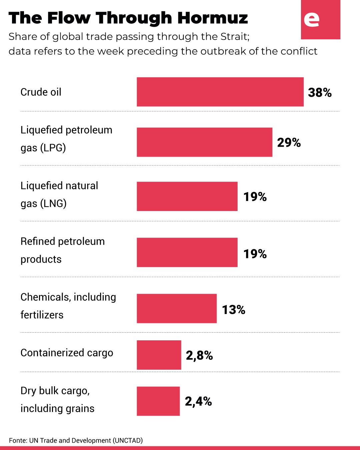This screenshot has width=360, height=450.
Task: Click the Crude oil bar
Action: coord(220,92)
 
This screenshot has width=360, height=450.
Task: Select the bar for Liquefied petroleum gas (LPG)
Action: coord(204,142)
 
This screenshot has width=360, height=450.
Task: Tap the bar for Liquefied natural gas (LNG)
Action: coord(187,196)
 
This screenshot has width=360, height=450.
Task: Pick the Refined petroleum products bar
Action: coord(187,252)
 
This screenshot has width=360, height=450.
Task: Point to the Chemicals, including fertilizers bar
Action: coord(177,308)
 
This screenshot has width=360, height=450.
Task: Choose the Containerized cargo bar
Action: coord(159,355)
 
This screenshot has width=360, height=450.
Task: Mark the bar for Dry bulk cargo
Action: coord(158,401)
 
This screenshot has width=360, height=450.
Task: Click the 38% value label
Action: coord(320,93)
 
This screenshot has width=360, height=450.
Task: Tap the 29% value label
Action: coord(289,143)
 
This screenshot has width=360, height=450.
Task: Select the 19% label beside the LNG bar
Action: coord(255,197)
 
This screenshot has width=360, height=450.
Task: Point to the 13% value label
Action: coord(234,310)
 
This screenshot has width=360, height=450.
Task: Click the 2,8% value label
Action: coord(199,356)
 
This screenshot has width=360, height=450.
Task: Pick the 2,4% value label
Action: coord(198,402)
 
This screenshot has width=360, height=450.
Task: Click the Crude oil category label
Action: coord(41,92)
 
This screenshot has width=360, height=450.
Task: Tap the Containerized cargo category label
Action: coord(67,353)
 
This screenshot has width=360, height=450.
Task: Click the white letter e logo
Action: coord(312,20)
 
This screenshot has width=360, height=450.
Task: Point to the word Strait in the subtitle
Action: coord(235,36)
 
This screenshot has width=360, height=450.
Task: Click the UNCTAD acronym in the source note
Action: coord(128,440)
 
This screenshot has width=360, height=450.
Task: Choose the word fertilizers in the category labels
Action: coord(42,315)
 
